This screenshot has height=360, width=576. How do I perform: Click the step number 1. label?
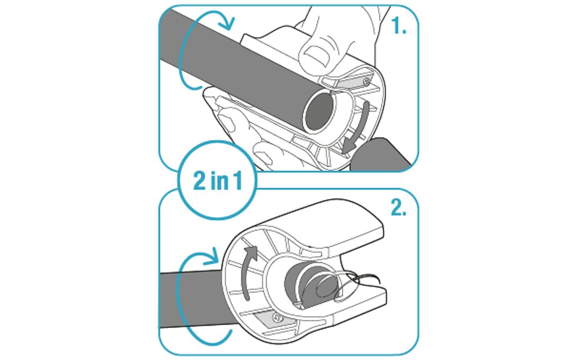[x=399, y=26]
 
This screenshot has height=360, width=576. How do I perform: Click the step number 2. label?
[x=399, y=208]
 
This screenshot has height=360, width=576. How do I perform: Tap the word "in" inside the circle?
[x=218, y=181]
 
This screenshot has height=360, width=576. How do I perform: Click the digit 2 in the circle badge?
[x=200, y=181]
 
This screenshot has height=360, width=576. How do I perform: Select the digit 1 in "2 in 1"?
[x=238, y=181]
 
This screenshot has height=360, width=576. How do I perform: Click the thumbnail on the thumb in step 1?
[x=317, y=56]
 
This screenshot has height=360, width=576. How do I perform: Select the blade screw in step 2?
[x=277, y=317]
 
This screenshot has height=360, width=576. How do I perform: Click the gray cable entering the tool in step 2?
[x=191, y=299]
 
